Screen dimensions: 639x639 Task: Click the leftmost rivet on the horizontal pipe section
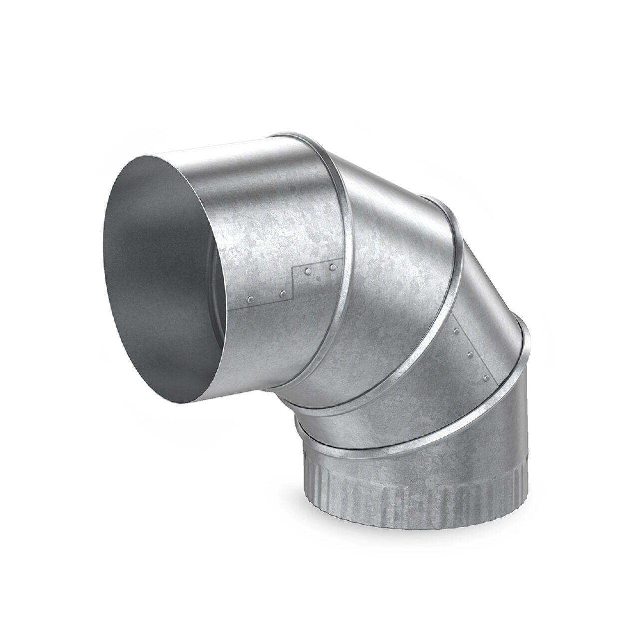click(x=250, y=299)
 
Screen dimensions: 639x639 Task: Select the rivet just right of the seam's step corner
click(x=308, y=271)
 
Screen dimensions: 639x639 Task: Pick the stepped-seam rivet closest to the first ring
click(x=332, y=268)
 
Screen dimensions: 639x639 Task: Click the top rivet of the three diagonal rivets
click(x=457, y=331)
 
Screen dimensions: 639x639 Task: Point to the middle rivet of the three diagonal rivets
click(x=470, y=355)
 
